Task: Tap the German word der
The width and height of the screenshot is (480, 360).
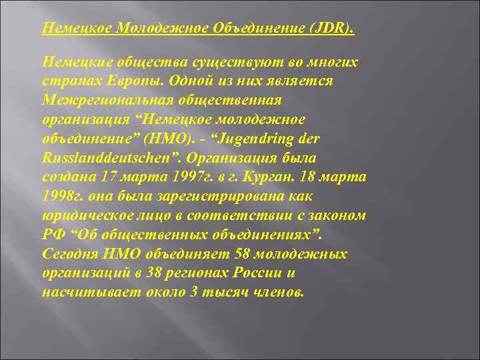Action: pyautogui.click(x=317, y=139)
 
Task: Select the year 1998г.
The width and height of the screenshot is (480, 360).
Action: pyautogui.click(x=61, y=197)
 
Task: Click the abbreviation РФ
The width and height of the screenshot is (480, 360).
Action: pyautogui.click(x=53, y=235)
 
